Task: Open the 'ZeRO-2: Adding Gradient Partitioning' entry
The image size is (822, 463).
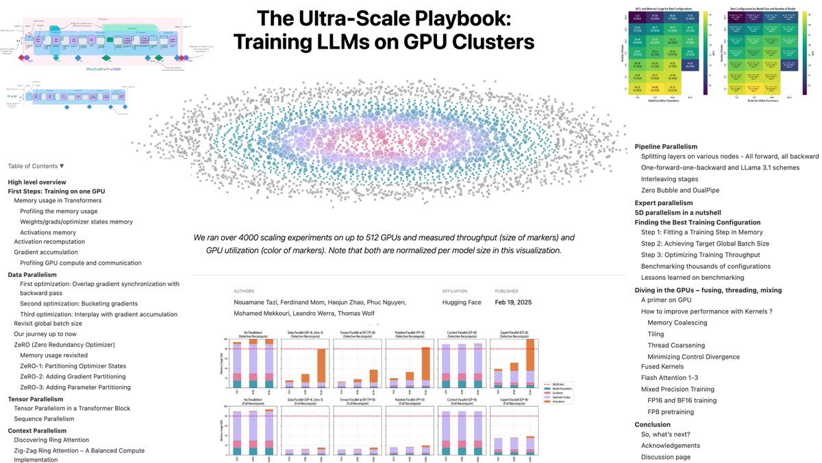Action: (x=73, y=377)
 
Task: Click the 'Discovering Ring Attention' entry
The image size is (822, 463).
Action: (x=51, y=440)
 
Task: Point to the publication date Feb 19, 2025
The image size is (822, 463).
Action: (x=513, y=302)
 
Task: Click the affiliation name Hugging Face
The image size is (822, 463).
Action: (x=462, y=302)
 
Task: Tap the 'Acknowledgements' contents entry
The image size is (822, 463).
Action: (x=671, y=445)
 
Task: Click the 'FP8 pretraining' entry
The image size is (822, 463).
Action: (x=671, y=412)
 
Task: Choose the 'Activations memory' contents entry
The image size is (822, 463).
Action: (x=48, y=233)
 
